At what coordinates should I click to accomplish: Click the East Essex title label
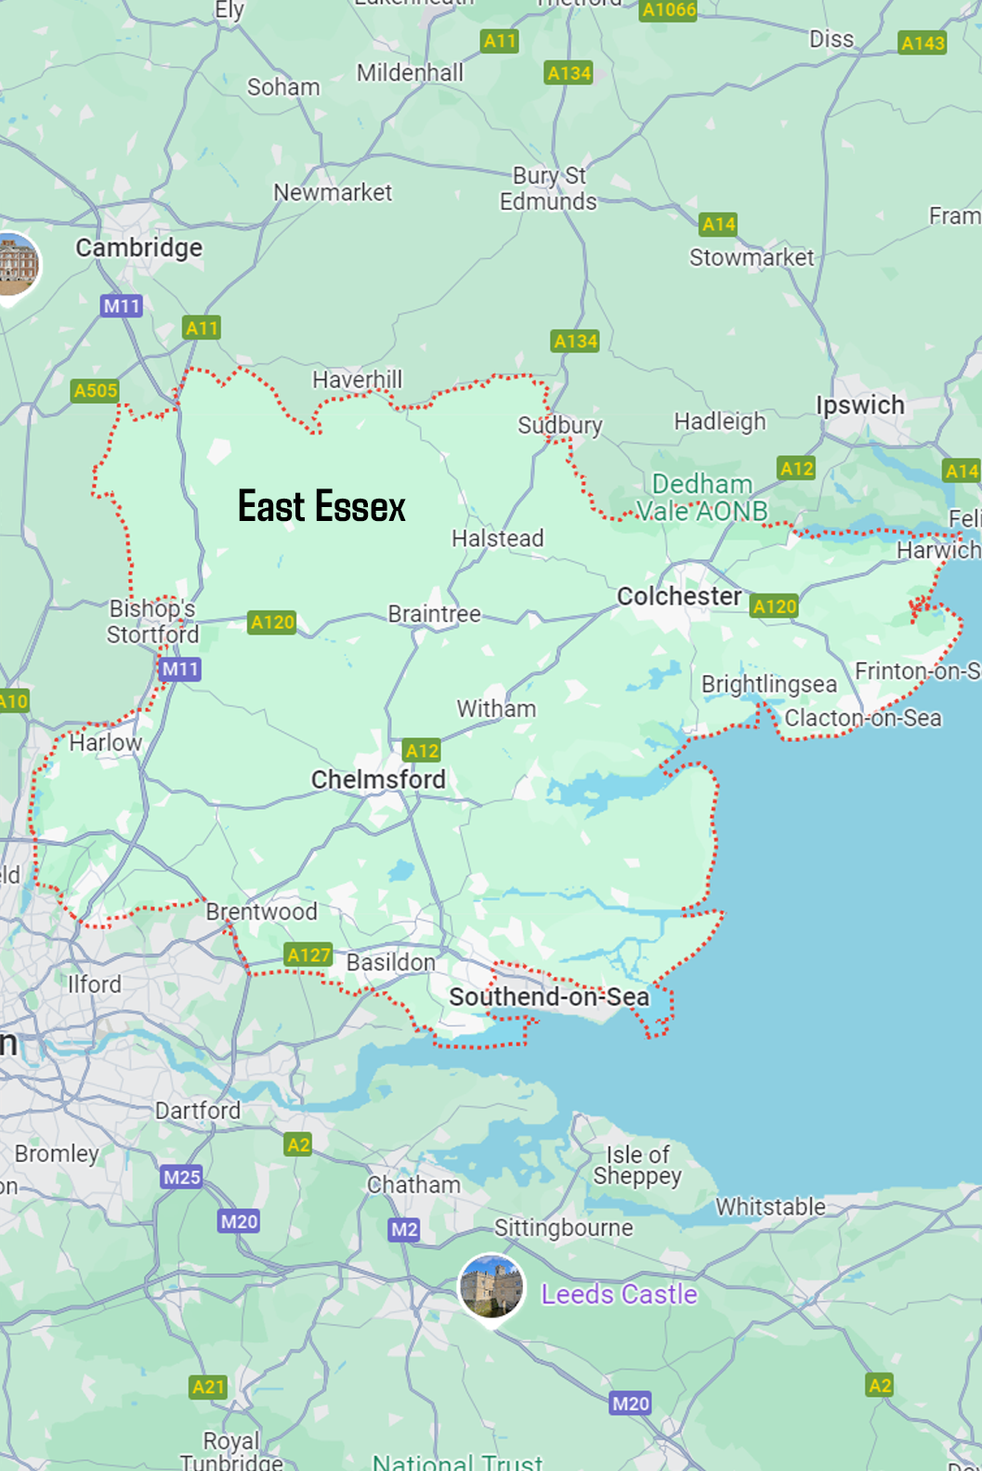321,507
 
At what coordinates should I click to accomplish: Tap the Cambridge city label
139,248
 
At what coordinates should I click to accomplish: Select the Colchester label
679,596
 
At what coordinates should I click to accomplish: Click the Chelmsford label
378,779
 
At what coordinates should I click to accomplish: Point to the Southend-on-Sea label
549,997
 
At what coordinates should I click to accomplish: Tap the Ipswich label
859,406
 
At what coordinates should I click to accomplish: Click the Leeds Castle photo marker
491,1287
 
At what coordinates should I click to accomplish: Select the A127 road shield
308,955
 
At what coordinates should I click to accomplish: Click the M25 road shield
181,1177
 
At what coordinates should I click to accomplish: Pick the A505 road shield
96,390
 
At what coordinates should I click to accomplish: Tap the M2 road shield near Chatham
404,1230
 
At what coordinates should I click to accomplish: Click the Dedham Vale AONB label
702,498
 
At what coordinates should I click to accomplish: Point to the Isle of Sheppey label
637,1165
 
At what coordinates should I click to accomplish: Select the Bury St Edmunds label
548,189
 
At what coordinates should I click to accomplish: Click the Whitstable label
770,1207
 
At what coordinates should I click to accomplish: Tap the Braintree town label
434,614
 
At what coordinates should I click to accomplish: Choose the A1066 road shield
668,9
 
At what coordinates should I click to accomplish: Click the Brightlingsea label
768,684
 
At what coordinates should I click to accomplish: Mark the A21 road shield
208,1386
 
